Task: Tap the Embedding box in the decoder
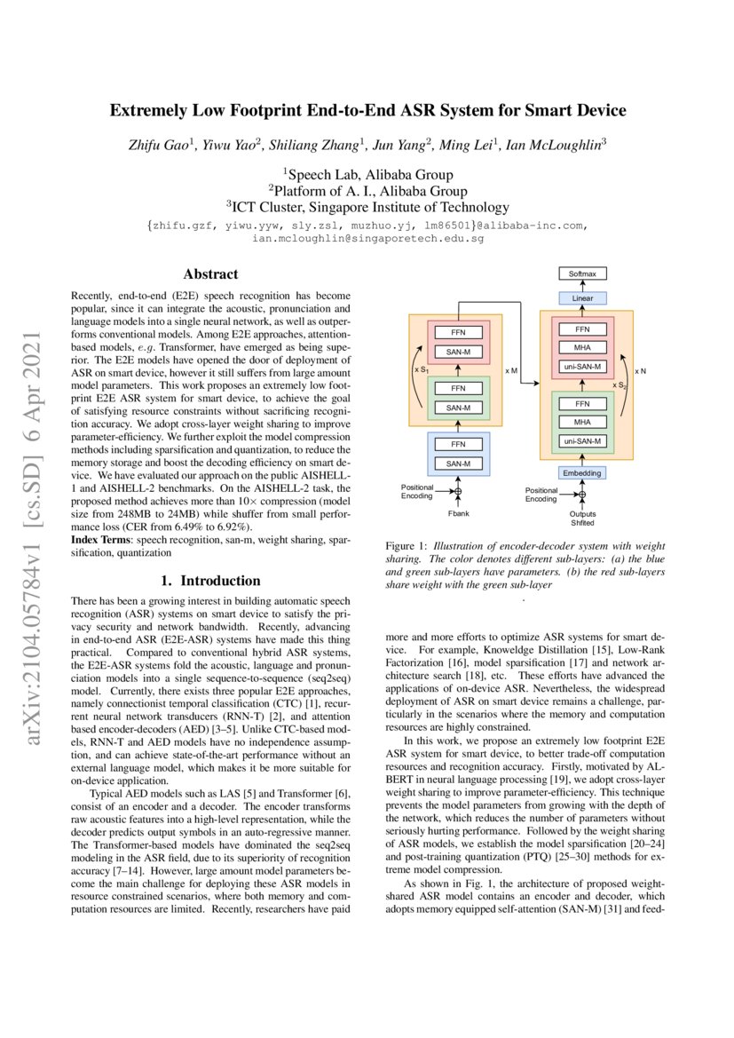(x=582, y=473)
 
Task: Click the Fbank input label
(x=458, y=514)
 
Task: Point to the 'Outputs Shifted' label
(x=583, y=519)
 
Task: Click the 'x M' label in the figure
(x=512, y=368)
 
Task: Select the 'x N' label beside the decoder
(x=640, y=370)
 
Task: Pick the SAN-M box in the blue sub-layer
(x=458, y=464)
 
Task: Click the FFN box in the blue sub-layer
(x=458, y=443)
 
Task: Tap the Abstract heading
(x=210, y=274)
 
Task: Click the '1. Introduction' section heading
(x=210, y=581)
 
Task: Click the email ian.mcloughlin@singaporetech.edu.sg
(x=367, y=239)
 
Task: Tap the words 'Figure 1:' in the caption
(x=406, y=546)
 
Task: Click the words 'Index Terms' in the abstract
(x=100, y=540)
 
